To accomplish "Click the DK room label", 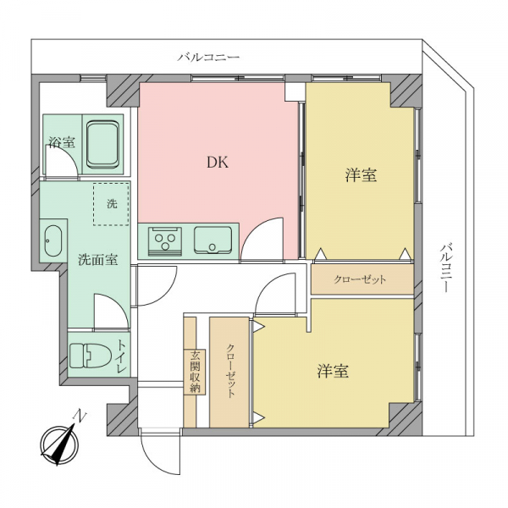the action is click(218, 162).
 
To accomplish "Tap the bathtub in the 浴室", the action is click(102, 144).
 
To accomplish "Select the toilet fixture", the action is click(90, 356).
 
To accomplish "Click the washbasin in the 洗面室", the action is click(52, 240).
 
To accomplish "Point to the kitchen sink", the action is click(213, 240).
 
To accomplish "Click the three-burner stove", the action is click(165, 241).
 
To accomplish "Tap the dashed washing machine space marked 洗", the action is click(111, 204).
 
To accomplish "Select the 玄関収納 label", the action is click(195, 372).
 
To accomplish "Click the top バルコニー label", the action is click(209, 58).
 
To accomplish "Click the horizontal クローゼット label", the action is click(360, 279).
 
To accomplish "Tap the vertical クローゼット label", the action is click(230, 371).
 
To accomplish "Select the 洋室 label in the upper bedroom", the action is click(361, 175).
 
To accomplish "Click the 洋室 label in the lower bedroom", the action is click(333, 371).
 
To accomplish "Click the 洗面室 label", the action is click(98, 260).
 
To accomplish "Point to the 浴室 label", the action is click(62, 142).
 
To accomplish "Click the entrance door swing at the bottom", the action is click(161, 453).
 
